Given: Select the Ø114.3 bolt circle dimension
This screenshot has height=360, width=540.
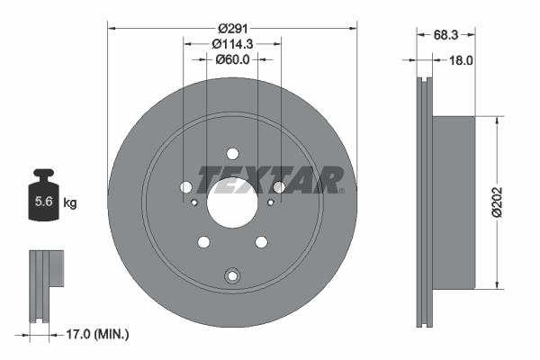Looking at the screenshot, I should [x=232, y=43].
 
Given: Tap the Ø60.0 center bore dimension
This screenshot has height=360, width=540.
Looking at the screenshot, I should [x=232, y=59].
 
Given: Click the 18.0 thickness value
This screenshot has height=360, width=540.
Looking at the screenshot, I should [x=461, y=60].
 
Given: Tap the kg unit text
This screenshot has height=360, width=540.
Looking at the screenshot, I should [x=70, y=203].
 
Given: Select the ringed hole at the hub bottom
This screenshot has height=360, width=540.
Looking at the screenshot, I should [x=232, y=275].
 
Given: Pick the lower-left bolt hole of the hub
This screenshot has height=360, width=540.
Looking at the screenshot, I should [x=203, y=241].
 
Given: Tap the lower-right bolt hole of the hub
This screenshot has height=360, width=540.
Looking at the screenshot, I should [x=261, y=241].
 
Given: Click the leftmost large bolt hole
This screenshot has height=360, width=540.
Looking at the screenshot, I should [x=186, y=187].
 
